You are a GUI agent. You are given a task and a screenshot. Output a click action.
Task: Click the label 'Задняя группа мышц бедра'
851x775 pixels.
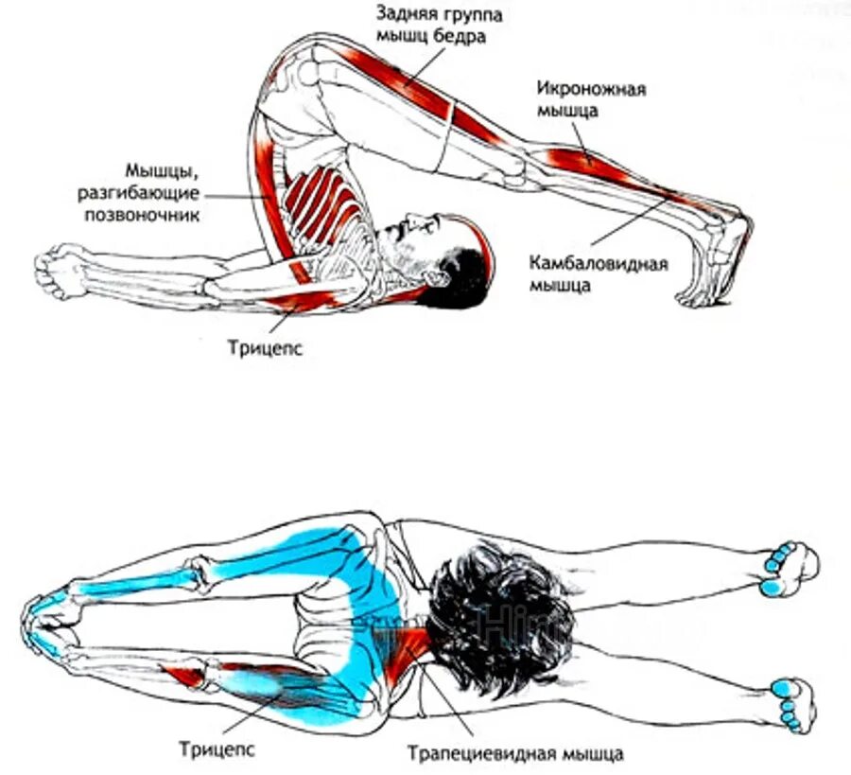click(440, 26)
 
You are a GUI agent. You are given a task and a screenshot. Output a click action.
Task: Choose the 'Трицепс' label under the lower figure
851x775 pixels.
click(217, 749)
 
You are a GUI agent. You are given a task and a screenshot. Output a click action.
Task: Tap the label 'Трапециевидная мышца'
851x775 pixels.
click(515, 754)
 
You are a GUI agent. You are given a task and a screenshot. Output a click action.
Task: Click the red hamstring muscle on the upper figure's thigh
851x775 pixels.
click(397, 80)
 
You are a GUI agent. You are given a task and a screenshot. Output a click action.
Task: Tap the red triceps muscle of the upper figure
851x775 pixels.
click(298, 302)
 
